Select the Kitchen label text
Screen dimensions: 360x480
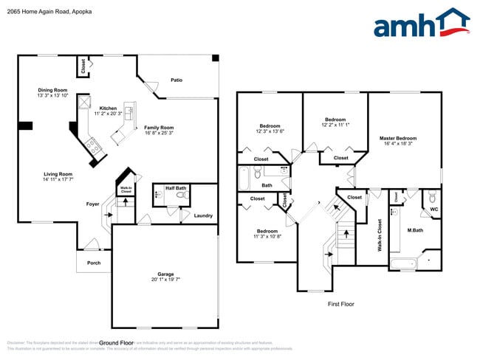tap(108, 108)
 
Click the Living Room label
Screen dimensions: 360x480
tap(57, 174)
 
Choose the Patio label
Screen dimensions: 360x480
tap(176, 80)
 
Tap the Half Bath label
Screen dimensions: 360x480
tap(175, 188)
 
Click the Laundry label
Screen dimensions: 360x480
tap(204, 215)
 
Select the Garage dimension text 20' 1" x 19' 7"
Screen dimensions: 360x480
tap(165, 280)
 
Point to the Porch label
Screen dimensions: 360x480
tap(94, 263)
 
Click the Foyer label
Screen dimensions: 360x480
tap(92, 204)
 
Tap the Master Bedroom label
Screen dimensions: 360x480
tap(398, 138)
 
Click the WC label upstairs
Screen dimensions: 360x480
tap(433, 209)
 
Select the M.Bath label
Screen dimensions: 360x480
tap(414, 229)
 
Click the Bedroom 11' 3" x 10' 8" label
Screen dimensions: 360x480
tap(267, 234)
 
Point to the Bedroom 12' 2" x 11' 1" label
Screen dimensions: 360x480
tap(335, 122)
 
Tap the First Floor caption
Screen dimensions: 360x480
tap(342, 303)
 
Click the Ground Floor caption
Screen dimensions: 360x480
tap(116, 343)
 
